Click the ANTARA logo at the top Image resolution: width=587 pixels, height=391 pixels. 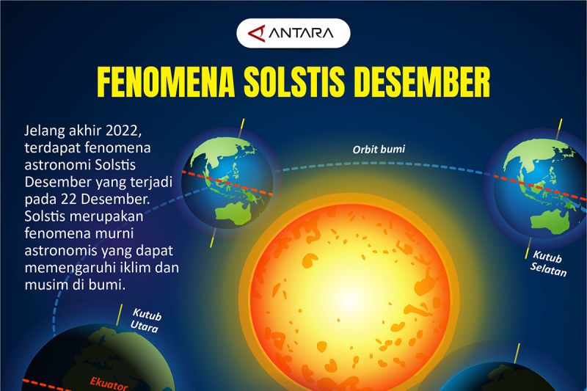pyautogui.click(x=293, y=33)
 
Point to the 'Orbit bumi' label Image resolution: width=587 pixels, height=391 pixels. pyautogui.click(x=379, y=150)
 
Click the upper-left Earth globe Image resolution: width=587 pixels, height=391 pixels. pyautogui.click(x=227, y=182)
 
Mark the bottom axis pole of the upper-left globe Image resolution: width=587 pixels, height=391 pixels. pyautogui.click(x=213, y=241)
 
